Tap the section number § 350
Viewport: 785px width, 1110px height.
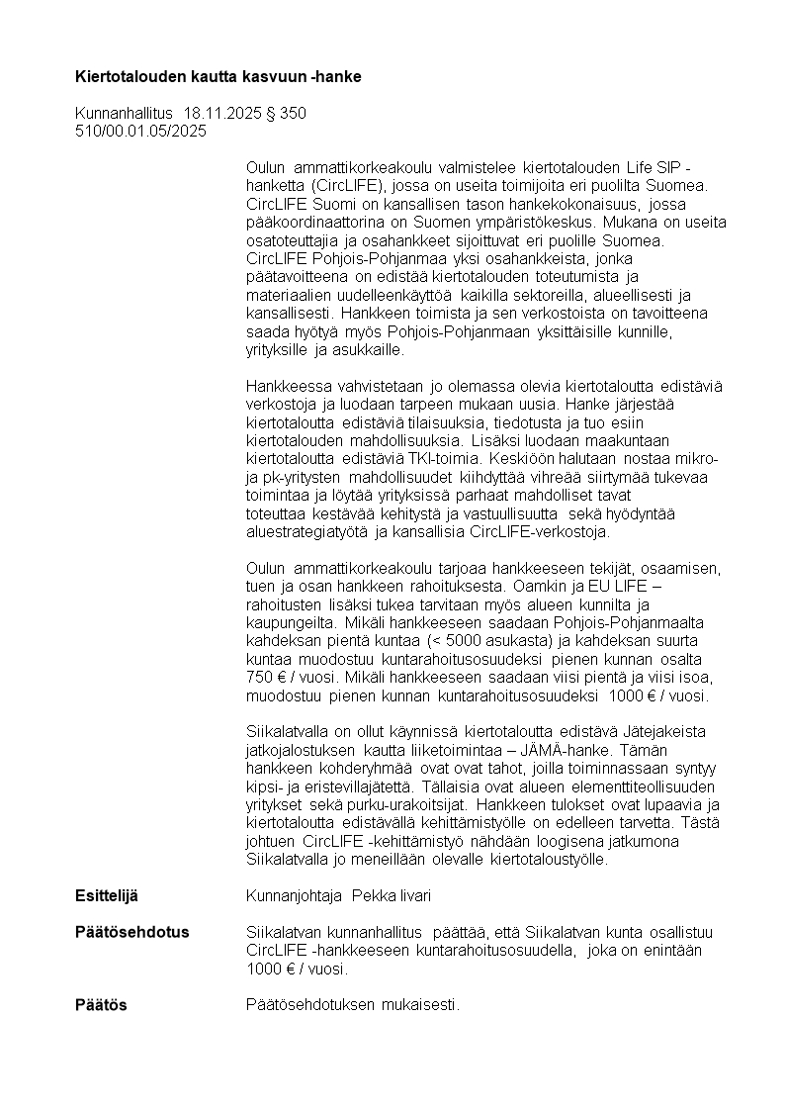point(286,114)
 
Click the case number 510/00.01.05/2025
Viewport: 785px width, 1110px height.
point(141,131)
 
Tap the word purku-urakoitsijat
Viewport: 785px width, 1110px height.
point(408,805)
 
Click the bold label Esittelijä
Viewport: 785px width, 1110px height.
point(107,895)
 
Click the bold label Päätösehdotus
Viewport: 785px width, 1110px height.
point(132,933)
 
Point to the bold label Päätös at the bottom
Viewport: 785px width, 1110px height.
point(102,1005)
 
